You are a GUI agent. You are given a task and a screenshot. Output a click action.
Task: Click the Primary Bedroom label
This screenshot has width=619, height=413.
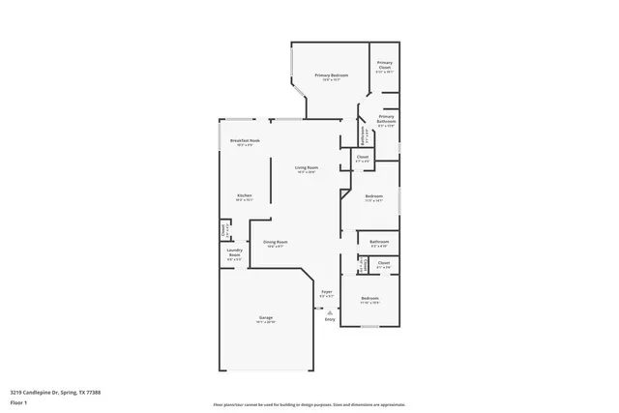(332, 75)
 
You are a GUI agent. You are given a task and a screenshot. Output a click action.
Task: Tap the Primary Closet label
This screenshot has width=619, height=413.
(385, 65)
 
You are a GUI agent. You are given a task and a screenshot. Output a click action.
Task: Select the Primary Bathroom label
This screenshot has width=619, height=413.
(387, 118)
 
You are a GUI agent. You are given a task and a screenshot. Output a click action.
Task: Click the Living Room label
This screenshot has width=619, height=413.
(307, 168)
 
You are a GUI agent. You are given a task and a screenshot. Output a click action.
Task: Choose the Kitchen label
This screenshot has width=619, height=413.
(245, 196)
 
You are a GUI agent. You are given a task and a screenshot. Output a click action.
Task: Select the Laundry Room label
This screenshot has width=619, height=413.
(234, 255)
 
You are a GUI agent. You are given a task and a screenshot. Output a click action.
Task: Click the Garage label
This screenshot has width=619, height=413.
(265, 318)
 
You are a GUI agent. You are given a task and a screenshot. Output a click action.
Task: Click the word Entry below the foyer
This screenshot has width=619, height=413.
(330, 319)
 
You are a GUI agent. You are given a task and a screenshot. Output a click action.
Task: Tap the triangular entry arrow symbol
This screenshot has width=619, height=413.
(330, 311)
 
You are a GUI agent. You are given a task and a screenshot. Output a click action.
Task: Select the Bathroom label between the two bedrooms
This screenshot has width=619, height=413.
(379, 242)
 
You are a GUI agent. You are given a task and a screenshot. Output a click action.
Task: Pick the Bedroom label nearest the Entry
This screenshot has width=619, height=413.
(369, 299)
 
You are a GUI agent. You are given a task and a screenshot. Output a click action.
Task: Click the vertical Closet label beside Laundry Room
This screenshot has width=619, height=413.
(223, 230)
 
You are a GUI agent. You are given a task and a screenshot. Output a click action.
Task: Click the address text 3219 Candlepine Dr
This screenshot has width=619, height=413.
(44, 392)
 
